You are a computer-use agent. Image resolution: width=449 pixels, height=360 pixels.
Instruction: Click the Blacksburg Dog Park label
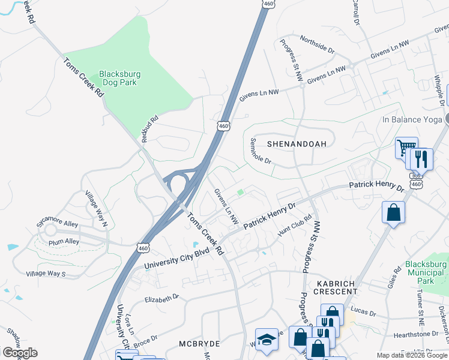120,79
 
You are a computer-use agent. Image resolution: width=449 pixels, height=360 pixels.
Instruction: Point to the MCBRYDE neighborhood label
200,344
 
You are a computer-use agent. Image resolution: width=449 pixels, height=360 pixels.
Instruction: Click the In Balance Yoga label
411,119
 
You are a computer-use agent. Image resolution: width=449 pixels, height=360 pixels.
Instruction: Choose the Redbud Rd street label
149,128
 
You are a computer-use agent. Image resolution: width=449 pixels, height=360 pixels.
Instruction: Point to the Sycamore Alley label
57,224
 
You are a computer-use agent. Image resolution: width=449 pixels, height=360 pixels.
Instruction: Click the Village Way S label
46,274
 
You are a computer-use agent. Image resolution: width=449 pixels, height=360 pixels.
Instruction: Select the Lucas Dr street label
363,313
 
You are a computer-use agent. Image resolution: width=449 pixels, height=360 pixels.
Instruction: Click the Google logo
20,353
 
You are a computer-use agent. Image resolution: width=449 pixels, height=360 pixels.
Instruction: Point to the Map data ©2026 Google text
412,355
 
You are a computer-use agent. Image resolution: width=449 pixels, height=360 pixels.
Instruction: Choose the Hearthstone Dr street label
414,334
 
